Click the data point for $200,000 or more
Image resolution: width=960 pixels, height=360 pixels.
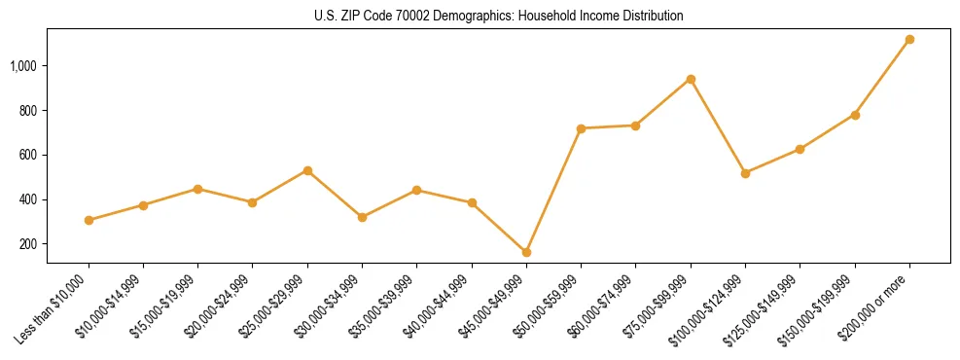909,40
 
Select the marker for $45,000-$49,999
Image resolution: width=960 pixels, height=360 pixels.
526,252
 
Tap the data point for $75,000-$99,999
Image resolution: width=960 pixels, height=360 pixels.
691,79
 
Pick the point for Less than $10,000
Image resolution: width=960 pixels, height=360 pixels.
89,220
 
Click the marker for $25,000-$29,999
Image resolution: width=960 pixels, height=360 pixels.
307,170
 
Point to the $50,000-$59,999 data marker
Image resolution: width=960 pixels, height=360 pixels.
581,128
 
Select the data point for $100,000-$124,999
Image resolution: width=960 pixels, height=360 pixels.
745,173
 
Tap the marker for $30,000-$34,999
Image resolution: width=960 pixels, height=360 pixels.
362,217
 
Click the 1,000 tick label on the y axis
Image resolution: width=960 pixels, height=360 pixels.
23,66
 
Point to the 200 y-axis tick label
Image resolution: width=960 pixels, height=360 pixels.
28,244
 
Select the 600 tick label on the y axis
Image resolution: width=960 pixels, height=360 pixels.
28,156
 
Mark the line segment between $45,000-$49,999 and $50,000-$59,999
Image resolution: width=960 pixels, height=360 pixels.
553,191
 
